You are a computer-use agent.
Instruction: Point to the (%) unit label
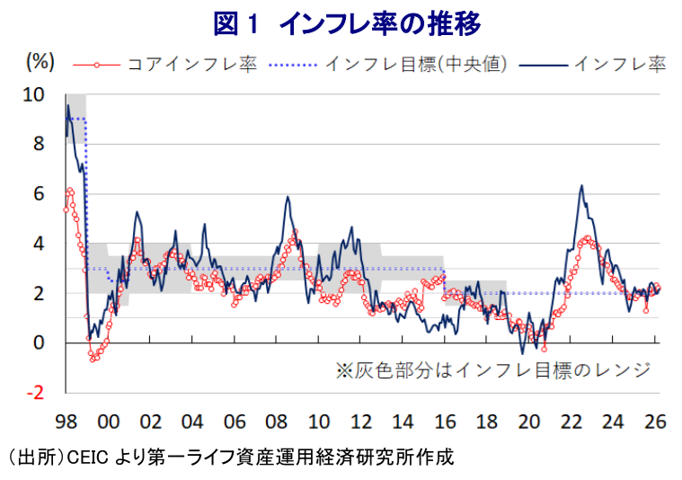[x=40, y=62]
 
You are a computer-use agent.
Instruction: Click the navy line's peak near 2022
[x=581, y=186]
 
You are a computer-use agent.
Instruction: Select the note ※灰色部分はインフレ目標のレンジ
[x=492, y=369]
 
